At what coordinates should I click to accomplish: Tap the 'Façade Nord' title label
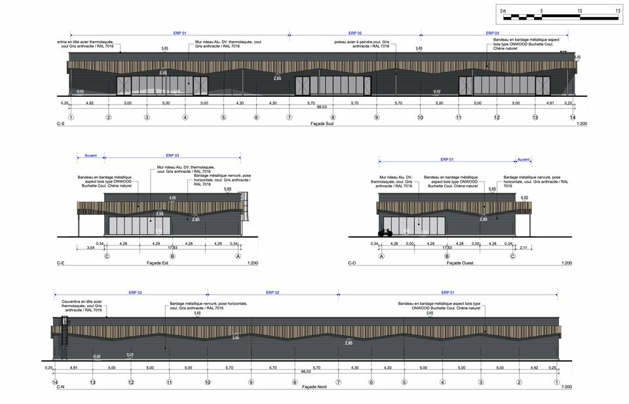(x=315, y=388)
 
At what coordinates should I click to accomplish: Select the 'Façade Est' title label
(x=159, y=263)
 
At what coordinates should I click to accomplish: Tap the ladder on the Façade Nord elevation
(x=64, y=337)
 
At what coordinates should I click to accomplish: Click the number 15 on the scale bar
(x=618, y=11)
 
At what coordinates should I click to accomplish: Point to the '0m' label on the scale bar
(x=503, y=11)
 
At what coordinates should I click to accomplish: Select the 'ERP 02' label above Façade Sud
(x=355, y=33)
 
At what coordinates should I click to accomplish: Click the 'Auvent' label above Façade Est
(x=90, y=156)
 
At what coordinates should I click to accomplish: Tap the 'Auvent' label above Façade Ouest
(x=524, y=159)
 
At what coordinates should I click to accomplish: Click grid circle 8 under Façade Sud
(x=333, y=117)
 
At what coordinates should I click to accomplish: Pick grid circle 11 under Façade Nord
(x=169, y=382)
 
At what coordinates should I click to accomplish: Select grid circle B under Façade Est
(x=172, y=256)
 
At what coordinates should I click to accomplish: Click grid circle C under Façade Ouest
(x=512, y=256)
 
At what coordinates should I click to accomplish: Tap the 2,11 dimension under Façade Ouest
(x=524, y=248)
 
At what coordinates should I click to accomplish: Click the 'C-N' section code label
(x=60, y=388)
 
